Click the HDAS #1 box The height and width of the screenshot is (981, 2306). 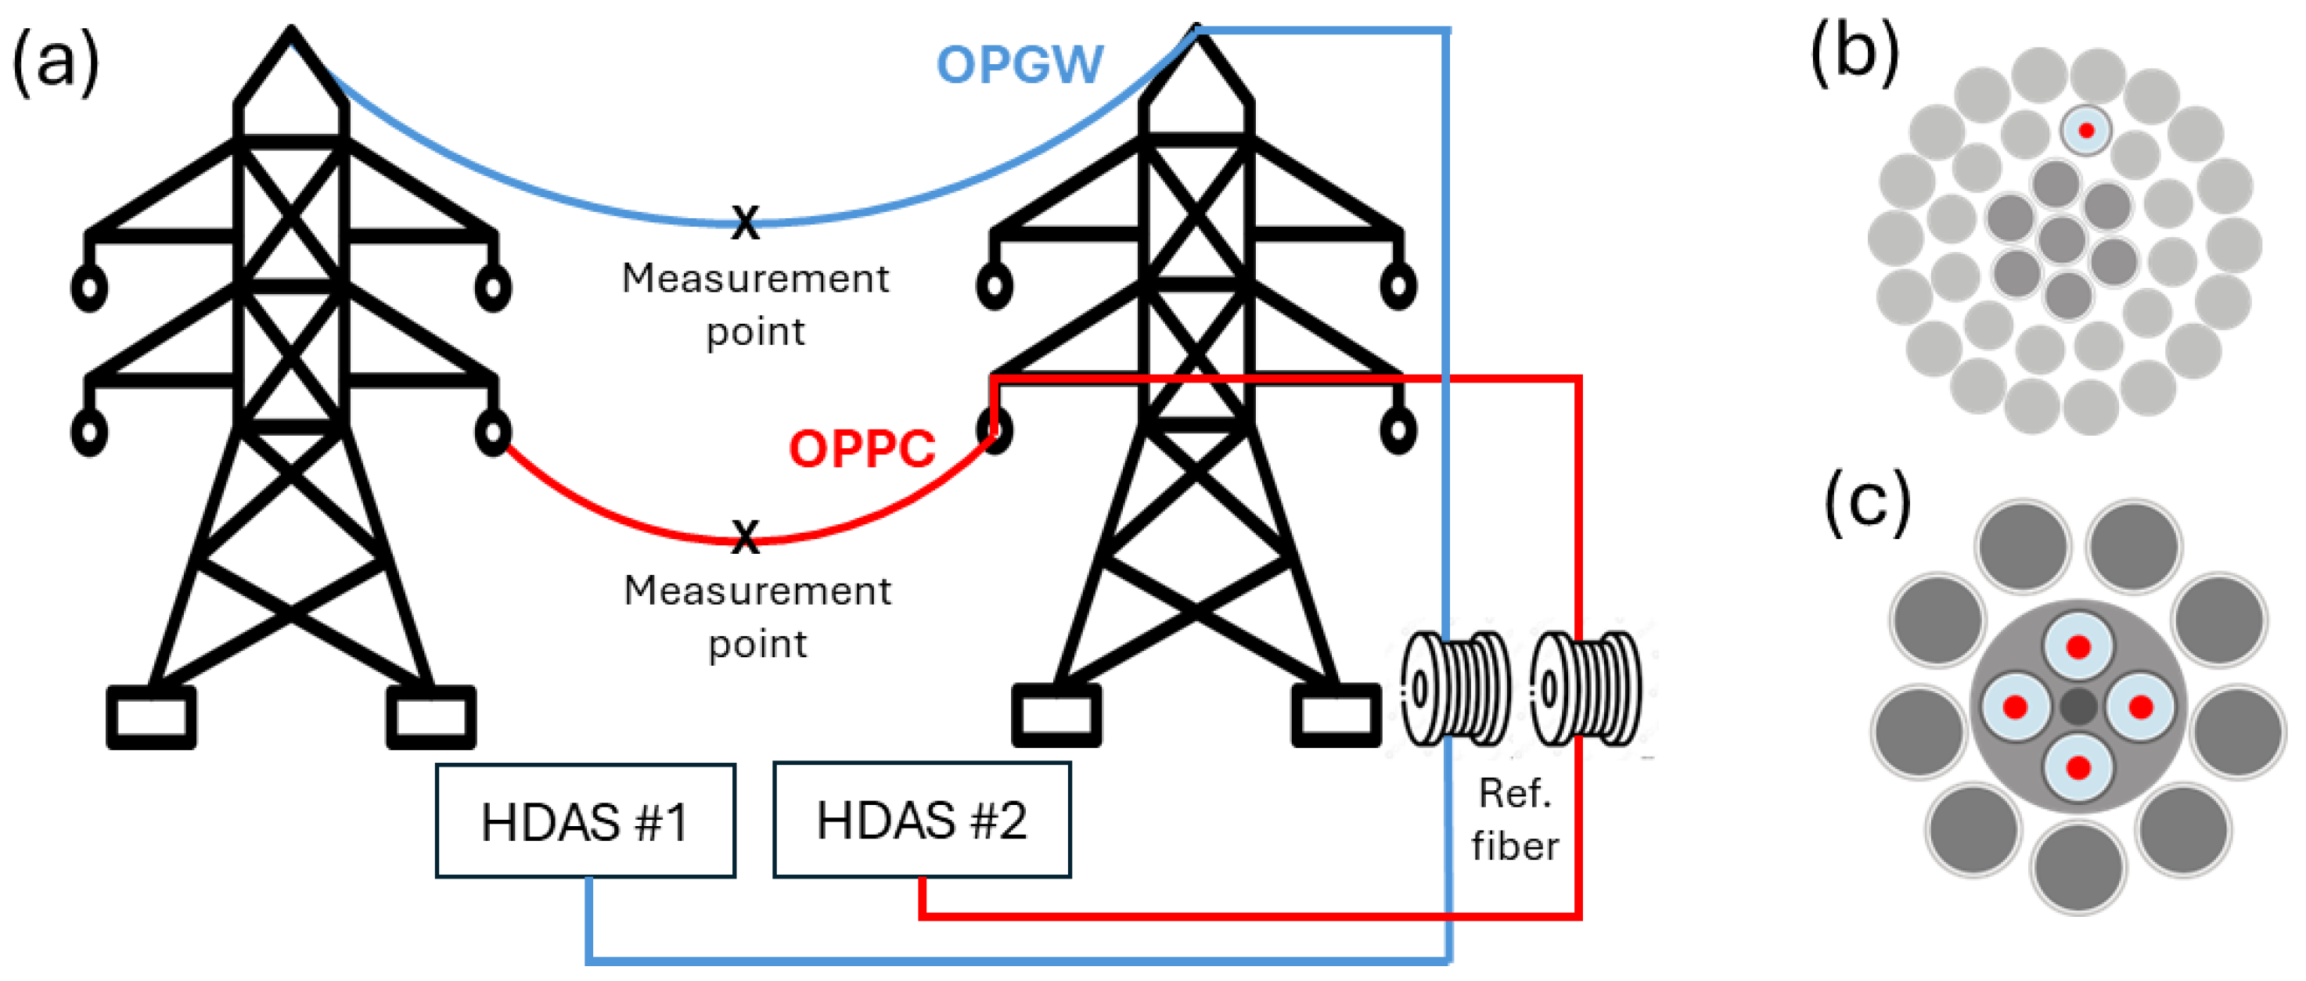585,821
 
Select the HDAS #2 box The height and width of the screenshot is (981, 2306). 921,819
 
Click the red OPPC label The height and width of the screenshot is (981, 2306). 862,448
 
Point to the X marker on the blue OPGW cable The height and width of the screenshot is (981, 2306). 745,221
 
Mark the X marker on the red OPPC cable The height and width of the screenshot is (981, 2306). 745,536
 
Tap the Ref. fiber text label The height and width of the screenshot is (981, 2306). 1515,819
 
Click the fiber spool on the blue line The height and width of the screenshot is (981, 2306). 1455,688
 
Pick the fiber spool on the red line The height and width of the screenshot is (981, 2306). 1585,688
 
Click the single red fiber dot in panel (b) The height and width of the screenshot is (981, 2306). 2086,131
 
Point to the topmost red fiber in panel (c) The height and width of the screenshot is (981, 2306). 2078,646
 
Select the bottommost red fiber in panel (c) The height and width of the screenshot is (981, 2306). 2078,767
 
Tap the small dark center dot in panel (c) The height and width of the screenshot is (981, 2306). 2078,706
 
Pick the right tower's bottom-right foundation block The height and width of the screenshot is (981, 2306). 1336,715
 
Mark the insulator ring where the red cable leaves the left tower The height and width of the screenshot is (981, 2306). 492,433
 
